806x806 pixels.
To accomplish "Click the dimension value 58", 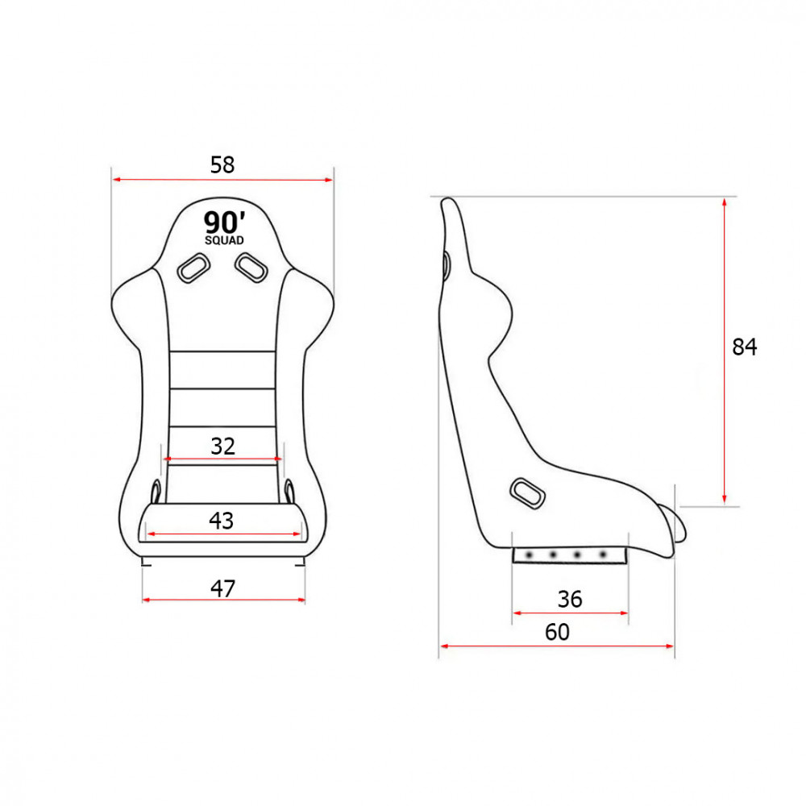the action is (x=222, y=165).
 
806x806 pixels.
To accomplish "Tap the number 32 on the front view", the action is (x=222, y=447).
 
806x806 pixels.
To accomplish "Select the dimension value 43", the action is (x=221, y=521).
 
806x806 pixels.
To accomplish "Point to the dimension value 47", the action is (x=222, y=588).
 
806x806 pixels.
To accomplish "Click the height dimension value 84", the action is (x=744, y=347).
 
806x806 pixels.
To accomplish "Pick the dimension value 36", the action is (x=570, y=600).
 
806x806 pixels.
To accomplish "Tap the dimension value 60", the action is (x=557, y=632).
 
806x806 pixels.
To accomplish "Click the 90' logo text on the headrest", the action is (x=224, y=222).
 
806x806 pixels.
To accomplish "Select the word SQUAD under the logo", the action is (x=224, y=240).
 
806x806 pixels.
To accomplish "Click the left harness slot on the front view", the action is (x=193, y=268).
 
